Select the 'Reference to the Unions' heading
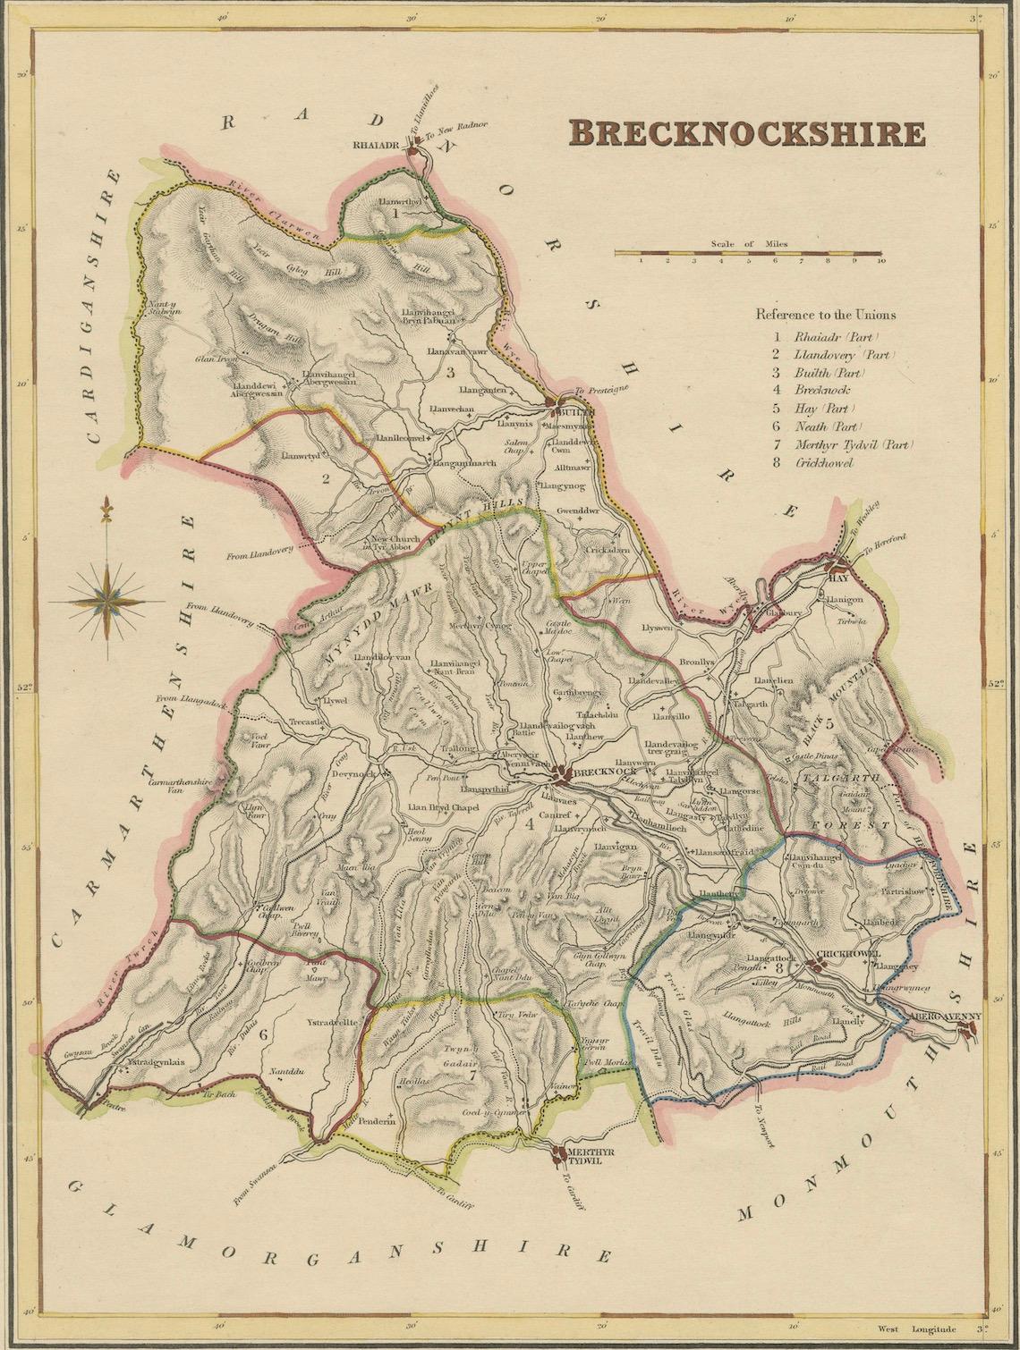(825, 315)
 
